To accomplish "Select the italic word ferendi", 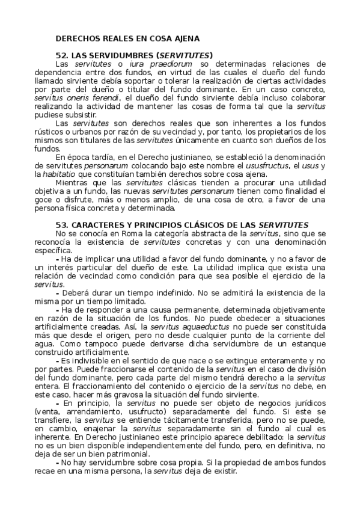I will (103, 97).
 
